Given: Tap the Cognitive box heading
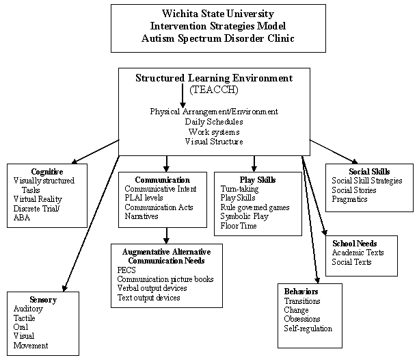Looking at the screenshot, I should pyautogui.click(x=47, y=171).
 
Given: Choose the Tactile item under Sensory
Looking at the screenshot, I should pyautogui.click(x=25, y=318).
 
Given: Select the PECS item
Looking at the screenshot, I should pyautogui.click(x=126, y=270).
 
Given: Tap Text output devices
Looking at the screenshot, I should pyautogui.click(x=148, y=298).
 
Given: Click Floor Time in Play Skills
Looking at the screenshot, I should pyautogui.click(x=239, y=226).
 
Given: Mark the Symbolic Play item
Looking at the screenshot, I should pyautogui.click(x=245, y=216).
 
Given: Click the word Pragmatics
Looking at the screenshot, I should pyautogui.click(x=349, y=199).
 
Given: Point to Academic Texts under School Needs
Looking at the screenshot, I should pyautogui.click(x=358, y=253).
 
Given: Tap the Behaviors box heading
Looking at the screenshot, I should pyautogui.click(x=301, y=292).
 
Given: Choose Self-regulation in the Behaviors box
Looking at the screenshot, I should pyautogui.click(x=308, y=329).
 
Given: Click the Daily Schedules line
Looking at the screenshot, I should pyautogui.click(x=214, y=121).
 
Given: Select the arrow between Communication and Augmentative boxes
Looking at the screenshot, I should pyautogui.click(x=166, y=235).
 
